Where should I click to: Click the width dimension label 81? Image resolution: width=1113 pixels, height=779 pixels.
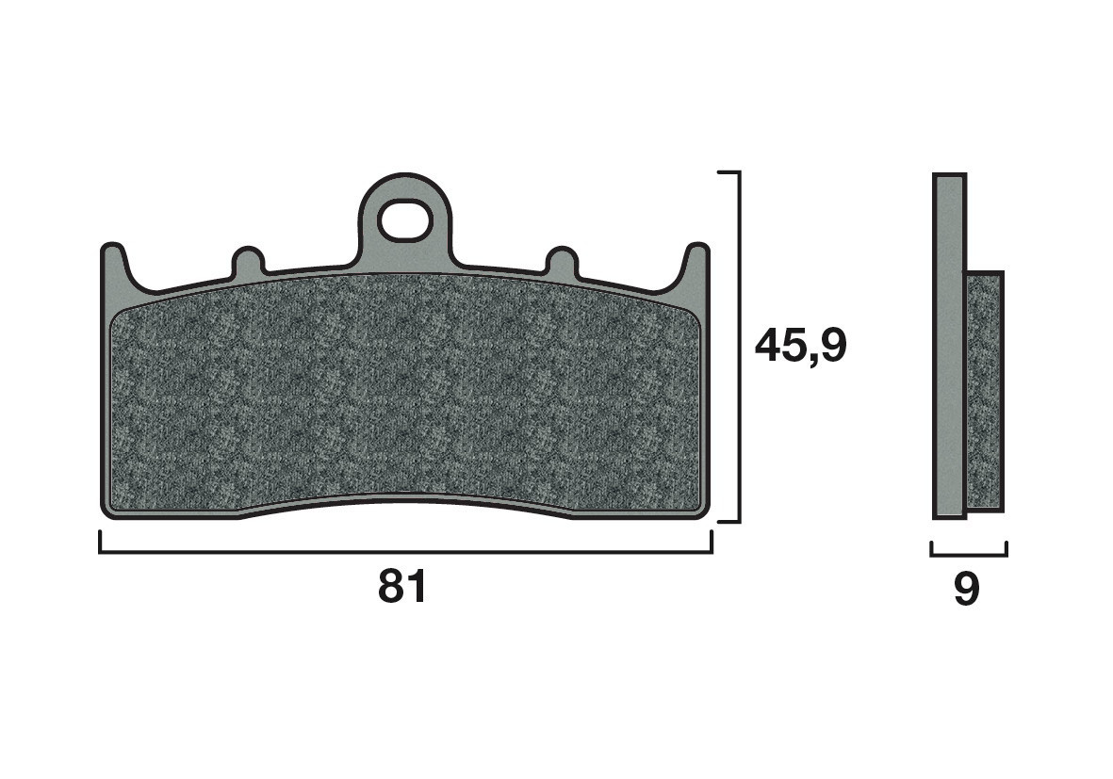click(x=402, y=587)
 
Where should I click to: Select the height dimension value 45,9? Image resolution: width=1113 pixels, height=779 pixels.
click(x=801, y=347)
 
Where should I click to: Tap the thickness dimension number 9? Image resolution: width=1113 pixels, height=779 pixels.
click(x=967, y=590)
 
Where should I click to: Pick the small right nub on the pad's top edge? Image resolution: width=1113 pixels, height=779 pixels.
click(x=562, y=263)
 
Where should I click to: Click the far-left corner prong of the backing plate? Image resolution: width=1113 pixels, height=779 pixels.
click(x=112, y=264)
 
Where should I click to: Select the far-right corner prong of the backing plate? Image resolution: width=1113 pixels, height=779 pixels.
click(x=696, y=264)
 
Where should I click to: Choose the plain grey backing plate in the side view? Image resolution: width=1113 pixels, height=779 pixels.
click(x=948, y=347)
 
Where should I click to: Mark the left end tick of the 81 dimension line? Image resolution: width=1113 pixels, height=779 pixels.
click(x=100, y=542)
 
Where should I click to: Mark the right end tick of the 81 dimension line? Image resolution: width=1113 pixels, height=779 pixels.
click(x=712, y=542)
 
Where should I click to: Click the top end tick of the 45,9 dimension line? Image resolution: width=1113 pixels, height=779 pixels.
click(x=728, y=173)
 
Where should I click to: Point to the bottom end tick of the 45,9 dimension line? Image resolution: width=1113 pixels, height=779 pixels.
click(x=728, y=521)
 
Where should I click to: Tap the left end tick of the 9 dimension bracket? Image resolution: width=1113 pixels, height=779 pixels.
click(x=931, y=548)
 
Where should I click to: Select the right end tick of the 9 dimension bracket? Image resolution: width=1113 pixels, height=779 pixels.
click(x=1007, y=548)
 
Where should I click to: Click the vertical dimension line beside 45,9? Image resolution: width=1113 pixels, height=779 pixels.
click(x=739, y=283)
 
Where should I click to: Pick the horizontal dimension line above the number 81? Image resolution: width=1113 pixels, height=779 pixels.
click(x=405, y=552)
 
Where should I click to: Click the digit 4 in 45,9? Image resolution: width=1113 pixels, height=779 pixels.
click(x=768, y=347)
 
